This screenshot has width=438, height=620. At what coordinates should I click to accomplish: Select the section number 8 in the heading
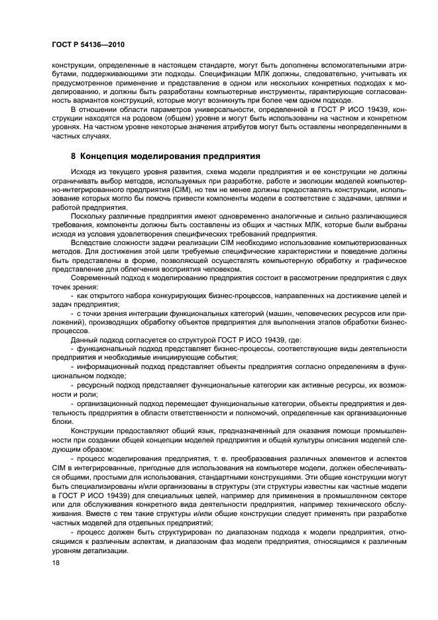pos(74,156)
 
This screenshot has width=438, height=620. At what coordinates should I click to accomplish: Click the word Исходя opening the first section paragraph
pos(82,172)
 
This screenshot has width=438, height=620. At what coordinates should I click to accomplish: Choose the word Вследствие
pos(91,243)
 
